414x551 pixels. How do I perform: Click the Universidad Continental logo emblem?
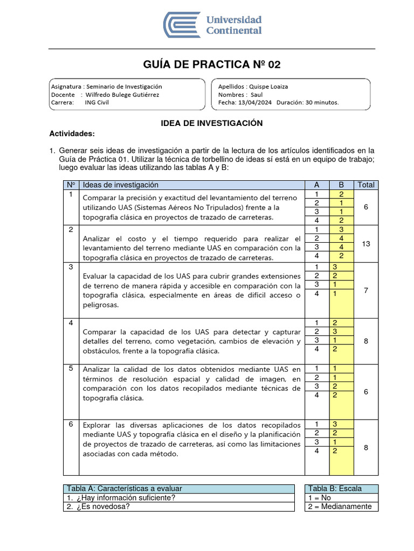[182, 25]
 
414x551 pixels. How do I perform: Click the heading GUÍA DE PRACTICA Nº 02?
[211, 65]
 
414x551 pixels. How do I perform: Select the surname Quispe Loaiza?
[268, 86]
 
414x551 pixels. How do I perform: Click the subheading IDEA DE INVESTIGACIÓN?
[212, 123]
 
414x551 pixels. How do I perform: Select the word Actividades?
[72, 133]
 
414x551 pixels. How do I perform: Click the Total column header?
[366, 185]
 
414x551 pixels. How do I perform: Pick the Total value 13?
[366, 244]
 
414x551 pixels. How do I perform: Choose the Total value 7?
[366, 291]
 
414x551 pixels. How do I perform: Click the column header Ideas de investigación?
[121, 185]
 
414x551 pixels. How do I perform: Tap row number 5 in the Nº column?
[71, 369]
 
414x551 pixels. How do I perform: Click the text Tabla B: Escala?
[335, 489]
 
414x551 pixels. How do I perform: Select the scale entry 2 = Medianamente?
[340, 506]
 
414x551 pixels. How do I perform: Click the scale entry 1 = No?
[320, 498]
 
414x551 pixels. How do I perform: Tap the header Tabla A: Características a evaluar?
[124, 489]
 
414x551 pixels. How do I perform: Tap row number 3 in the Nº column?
[71, 267]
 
